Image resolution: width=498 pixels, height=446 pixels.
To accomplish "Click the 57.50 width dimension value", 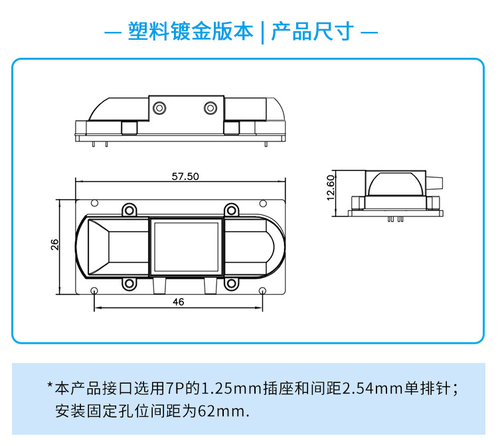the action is point(185,176).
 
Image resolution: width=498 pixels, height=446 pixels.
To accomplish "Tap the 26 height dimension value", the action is point(55,245).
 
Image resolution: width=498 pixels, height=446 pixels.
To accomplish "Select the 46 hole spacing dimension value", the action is point(179,302).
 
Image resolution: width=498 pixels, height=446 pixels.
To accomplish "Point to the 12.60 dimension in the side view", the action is point(331,188).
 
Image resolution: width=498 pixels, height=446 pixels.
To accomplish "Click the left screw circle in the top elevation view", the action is point(159,108).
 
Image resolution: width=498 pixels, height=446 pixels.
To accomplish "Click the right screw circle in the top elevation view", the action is point(210,108).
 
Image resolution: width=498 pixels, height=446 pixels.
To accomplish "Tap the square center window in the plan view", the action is point(186,247).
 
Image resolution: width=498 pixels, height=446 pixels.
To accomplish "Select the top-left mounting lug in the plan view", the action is point(129,210).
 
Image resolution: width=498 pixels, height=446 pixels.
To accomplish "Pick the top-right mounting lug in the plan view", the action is point(232,210).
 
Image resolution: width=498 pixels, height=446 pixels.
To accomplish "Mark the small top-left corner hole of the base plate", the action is point(94,203).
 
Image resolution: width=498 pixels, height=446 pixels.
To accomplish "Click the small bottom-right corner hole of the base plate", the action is point(262,291).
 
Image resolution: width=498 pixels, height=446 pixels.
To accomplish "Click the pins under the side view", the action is point(396,219).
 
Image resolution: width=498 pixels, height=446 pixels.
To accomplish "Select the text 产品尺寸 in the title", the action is point(312,31).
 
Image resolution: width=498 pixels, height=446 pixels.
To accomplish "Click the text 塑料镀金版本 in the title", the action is point(191,31).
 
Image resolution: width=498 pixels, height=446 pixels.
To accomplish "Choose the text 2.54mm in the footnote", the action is point(373,388).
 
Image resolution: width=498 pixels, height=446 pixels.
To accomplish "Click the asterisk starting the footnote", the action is point(50,385).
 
